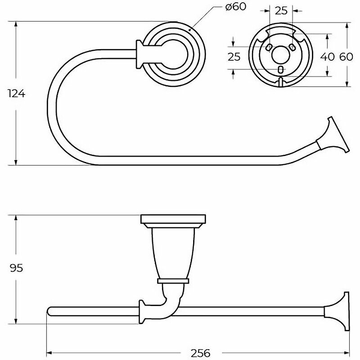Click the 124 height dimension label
(16, 93)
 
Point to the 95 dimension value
(16, 268)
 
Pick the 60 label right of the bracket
(346, 56)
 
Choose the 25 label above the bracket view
(281, 11)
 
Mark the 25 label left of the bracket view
(234, 56)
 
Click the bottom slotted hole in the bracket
(281, 69)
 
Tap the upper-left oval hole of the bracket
(269, 47)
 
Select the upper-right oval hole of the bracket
(292, 47)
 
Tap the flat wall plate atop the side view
(173, 220)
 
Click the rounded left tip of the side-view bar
(50, 310)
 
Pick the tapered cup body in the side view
(173, 252)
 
